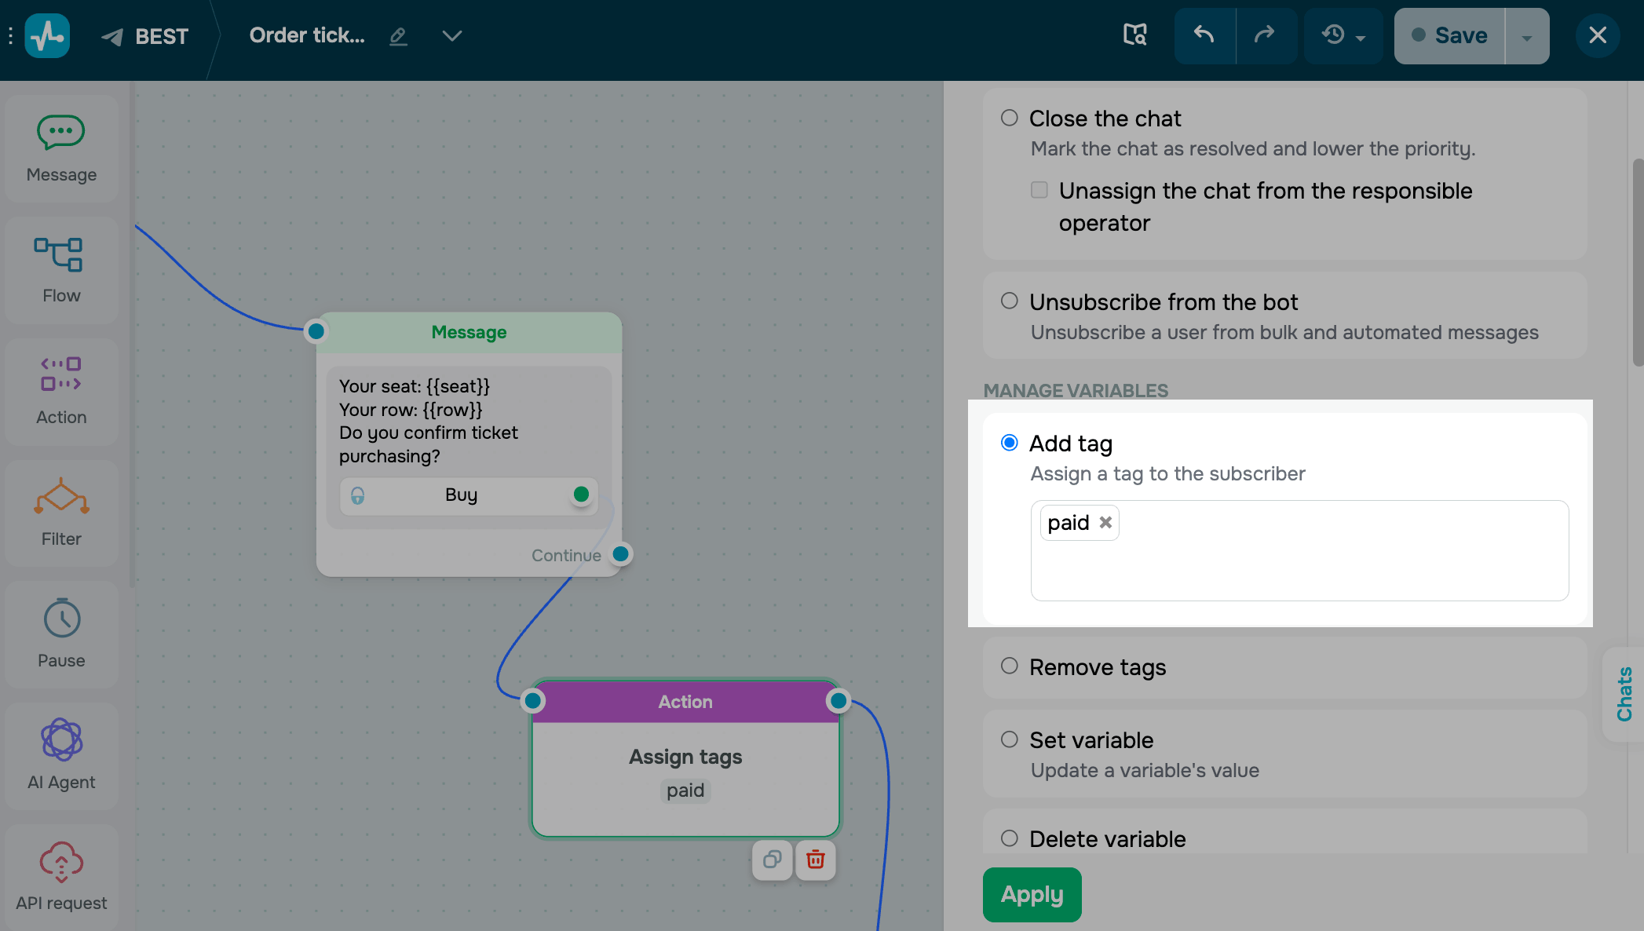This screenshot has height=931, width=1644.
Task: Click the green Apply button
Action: pos(1032,894)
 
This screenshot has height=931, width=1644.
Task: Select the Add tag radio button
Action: pos(1010,443)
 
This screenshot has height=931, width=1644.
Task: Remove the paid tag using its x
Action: pos(1105,523)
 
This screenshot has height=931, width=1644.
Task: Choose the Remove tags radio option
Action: pos(1010,666)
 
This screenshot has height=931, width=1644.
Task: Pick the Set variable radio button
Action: pos(1010,739)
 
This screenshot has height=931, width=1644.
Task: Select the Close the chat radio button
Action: pos(1010,118)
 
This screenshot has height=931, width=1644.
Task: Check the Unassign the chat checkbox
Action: pos(1039,190)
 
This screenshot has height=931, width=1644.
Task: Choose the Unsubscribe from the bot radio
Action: pos(1010,301)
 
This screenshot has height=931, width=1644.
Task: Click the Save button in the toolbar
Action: pos(1449,36)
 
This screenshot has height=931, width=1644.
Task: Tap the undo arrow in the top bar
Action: pos(1204,35)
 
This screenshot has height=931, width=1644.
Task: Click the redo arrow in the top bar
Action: pos(1265,35)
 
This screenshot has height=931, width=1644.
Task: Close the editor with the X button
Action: pos(1598,35)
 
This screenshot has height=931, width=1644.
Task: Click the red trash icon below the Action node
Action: pos(816,860)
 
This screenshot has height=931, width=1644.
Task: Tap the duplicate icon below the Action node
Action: pos(773,860)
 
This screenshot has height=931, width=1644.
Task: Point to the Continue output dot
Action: pos(621,554)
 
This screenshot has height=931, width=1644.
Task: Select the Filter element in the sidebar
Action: pos(61,513)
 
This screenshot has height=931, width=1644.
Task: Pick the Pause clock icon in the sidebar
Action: pos(62,619)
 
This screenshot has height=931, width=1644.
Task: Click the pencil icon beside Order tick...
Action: pos(399,36)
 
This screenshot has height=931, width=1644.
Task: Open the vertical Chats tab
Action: pos(1624,694)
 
